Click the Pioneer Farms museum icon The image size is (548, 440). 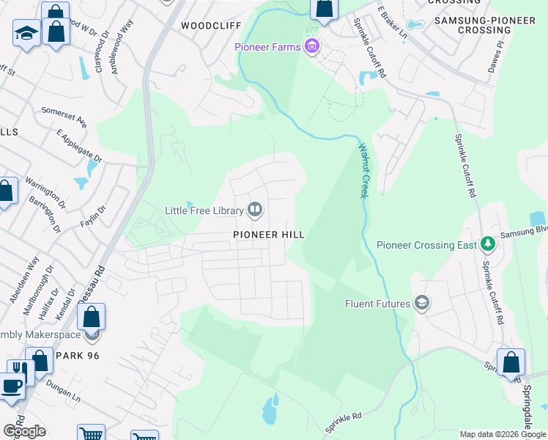coord(313,47)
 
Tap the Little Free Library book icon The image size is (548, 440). coord(255,210)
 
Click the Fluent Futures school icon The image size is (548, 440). coord(421,302)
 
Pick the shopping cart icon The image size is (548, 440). coord(91,434)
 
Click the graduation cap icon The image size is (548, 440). coord(26,33)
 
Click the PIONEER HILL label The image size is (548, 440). coord(268,234)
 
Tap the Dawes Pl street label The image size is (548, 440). coord(497,56)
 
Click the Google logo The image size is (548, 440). coord(23,430)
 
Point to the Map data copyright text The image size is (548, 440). coord(502,435)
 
